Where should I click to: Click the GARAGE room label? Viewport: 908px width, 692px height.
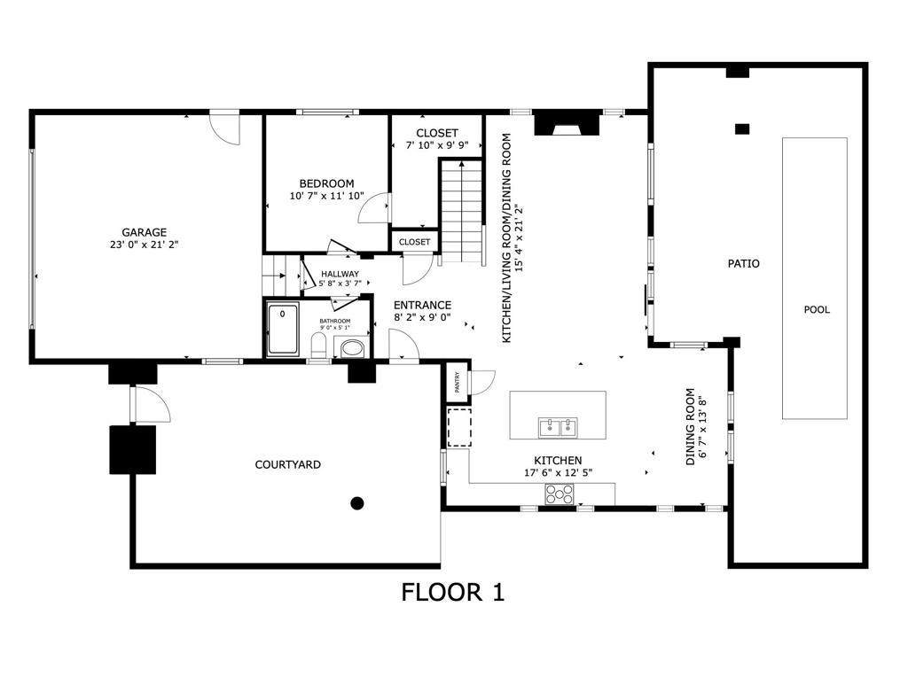144,232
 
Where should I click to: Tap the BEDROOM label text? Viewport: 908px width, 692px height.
326,183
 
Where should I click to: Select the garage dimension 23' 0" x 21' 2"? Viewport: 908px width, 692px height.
144,245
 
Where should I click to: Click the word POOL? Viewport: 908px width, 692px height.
817,309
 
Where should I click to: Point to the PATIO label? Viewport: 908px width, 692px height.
743,263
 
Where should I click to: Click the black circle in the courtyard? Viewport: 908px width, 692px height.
357,503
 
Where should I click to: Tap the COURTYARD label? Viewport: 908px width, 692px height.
287,464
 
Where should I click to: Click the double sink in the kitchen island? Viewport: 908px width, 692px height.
559,428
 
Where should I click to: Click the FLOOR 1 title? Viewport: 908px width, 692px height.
453,592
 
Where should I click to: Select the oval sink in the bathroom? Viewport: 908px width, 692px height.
352,348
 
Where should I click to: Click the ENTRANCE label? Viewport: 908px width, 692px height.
422,305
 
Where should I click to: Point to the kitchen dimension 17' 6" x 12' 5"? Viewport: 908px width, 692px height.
558,473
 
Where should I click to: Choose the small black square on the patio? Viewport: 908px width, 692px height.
742,128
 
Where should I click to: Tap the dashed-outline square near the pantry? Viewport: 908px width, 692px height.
459,427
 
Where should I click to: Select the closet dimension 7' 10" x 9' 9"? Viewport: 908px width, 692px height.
437,145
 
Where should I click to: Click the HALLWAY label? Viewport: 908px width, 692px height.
340,274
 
